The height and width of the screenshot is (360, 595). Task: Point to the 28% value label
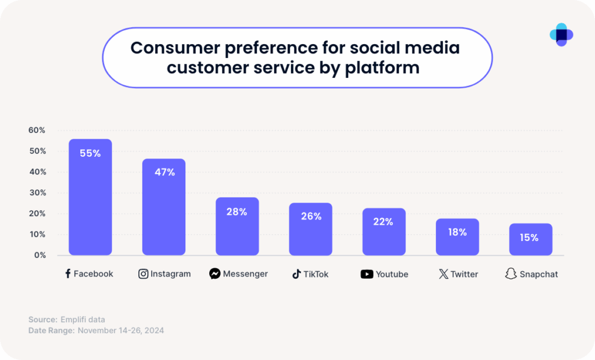click(x=237, y=212)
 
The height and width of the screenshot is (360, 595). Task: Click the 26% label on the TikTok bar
click(x=311, y=216)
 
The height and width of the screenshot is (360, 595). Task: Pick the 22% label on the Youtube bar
click(x=384, y=222)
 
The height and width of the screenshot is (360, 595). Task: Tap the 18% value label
click(x=457, y=232)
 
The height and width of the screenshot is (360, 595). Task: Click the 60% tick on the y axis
click(x=37, y=130)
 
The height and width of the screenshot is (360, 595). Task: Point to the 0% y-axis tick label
click(x=40, y=255)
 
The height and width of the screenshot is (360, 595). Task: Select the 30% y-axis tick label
click(x=37, y=193)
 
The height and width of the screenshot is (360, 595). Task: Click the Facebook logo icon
click(x=68, y=273)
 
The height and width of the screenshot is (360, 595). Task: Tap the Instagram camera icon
click(x=143, y=273)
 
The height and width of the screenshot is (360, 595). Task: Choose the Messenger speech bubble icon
click(x=215, y=273)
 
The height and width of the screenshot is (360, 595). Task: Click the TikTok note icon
click(x=296, y=274)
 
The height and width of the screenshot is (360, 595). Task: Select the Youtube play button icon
click(x=367, y=274)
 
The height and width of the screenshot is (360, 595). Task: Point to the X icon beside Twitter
click(x=443, y=274)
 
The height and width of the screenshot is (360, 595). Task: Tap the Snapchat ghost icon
click(x=511, y=274)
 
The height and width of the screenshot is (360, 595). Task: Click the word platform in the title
click(x=382, y=67)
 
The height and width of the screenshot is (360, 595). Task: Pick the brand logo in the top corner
click(x=561, y=35)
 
